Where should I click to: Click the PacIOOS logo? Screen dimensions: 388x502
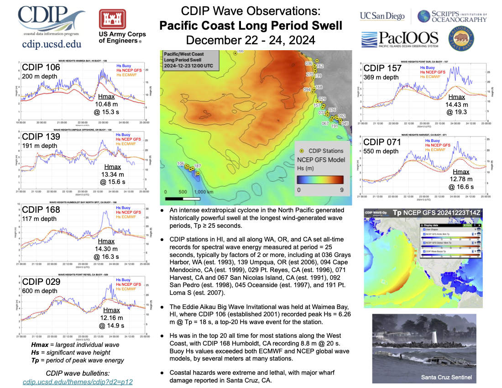pos(399,39)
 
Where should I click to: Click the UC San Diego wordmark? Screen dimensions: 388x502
pos(382,16)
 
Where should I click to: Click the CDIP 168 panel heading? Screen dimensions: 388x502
pos(41,210)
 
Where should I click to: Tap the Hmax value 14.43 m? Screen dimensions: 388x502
pos(456,104)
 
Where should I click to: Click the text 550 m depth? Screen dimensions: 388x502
pos(381,152)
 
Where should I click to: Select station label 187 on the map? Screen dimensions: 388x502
pos(198,165)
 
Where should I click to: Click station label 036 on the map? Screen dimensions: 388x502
pos(309,63)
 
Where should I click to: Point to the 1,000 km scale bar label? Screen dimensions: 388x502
pos(205,192)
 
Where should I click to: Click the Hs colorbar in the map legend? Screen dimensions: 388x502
pos(319,179)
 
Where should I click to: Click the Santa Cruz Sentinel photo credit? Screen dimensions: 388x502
pos(446,378)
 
